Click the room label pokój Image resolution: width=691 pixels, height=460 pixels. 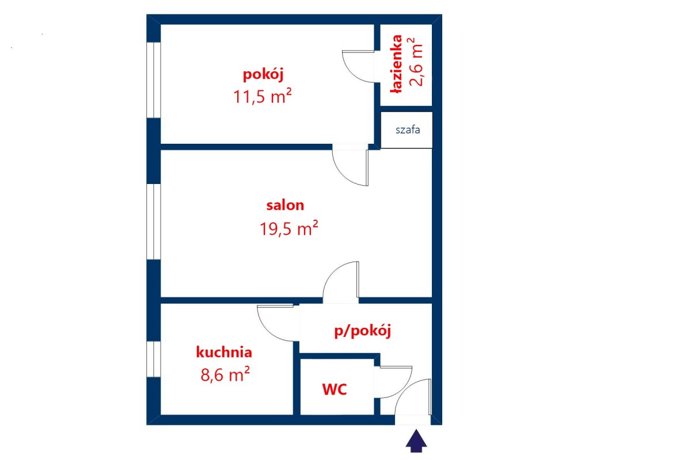click(x=263, y=75)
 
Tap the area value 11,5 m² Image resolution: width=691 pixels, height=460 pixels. click(x=262, y=96)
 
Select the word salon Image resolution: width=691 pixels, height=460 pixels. click(x=285, y=205)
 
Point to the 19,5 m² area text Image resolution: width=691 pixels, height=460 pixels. click(x=288, y=228)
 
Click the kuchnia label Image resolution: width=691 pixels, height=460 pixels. click(x=224, y=352)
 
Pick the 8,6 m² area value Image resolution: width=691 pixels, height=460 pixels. click(x=225, y=374)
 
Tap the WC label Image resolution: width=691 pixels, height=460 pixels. click(x=335, y=389)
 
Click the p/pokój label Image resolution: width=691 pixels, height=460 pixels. click(x=363, y=331)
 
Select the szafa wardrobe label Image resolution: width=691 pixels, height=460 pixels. click(x=408, y=130)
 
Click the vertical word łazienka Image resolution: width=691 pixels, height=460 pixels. click(x=397, y=64)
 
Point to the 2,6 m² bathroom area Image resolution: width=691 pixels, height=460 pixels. click(x=416, y=62)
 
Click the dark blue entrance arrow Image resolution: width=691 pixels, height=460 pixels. click(x=416, y=441)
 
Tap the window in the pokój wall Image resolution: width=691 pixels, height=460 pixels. click(x=154, y=80)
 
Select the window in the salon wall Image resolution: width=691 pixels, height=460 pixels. click(x=154, y=222)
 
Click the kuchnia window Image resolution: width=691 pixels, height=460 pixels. click(x=154, y=359)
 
